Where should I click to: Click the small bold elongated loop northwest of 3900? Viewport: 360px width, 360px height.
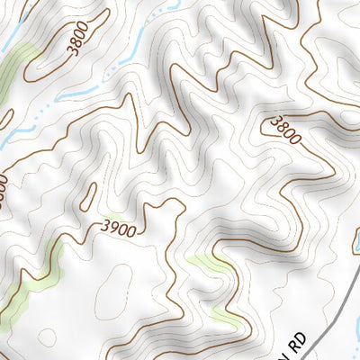tap(91, 194)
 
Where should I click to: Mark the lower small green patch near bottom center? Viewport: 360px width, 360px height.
tap(225, 317)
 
